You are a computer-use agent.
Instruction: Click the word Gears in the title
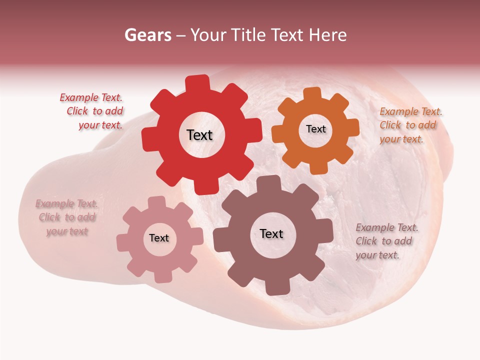[147, 35]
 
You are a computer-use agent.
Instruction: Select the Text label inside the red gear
[199, 135]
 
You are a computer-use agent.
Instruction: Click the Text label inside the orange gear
[315, 129]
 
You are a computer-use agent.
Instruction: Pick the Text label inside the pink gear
[159, 238]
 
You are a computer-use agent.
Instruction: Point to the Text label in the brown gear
[271, 233]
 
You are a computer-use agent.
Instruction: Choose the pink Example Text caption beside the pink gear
[67, 217]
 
